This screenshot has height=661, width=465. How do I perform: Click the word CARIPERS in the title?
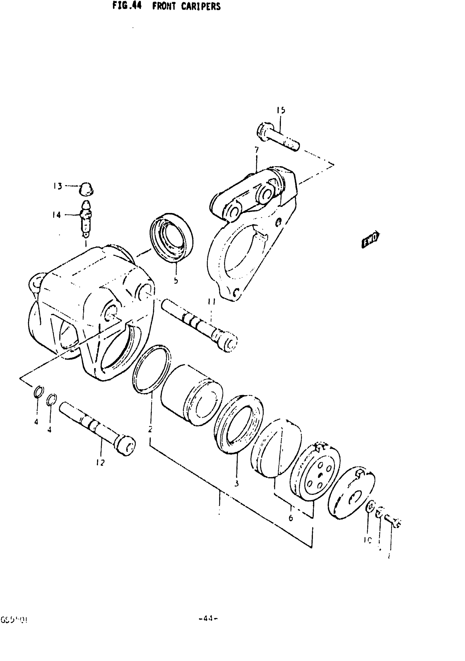coord(201,6)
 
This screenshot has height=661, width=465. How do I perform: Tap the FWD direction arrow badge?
coord(370,239)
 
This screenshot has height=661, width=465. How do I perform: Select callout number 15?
coord(281,110)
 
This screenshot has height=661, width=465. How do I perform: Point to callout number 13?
coord(57,186)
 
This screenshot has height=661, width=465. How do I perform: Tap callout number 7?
coord(256,150)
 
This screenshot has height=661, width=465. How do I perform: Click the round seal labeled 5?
coord(172,238)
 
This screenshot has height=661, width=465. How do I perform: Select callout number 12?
coord(100,463)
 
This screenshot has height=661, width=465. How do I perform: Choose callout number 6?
coord(290,518)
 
